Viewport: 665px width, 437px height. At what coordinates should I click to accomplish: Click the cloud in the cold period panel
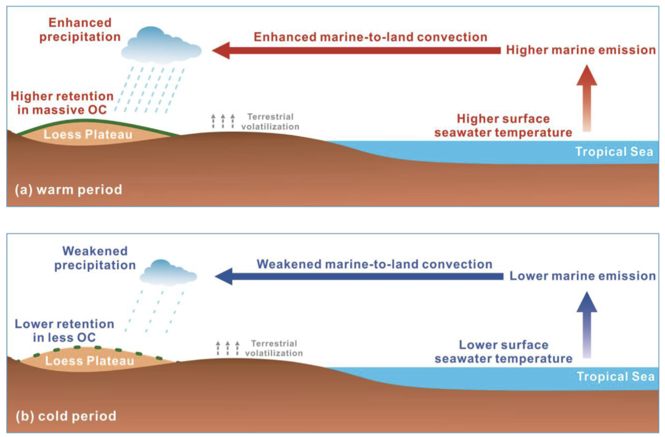click(167, 271)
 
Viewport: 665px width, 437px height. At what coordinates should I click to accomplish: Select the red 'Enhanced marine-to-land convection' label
click(371, 37)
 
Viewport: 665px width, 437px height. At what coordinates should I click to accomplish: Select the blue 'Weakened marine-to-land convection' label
click(374, 264)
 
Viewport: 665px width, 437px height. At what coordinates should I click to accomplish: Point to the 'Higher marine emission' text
click(581, 50)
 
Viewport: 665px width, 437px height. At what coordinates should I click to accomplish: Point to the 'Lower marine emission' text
click(582, 276)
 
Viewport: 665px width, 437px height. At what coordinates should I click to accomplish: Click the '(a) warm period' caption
click(68, 190)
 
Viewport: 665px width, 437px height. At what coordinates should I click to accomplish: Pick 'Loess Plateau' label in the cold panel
click(90, 361)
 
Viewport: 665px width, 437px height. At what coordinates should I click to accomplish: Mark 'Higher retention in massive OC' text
click(62, 103)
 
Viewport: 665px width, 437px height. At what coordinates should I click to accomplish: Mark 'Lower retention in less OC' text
click(65, 331)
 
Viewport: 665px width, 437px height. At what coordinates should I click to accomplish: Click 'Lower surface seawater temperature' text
click(504, 351)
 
